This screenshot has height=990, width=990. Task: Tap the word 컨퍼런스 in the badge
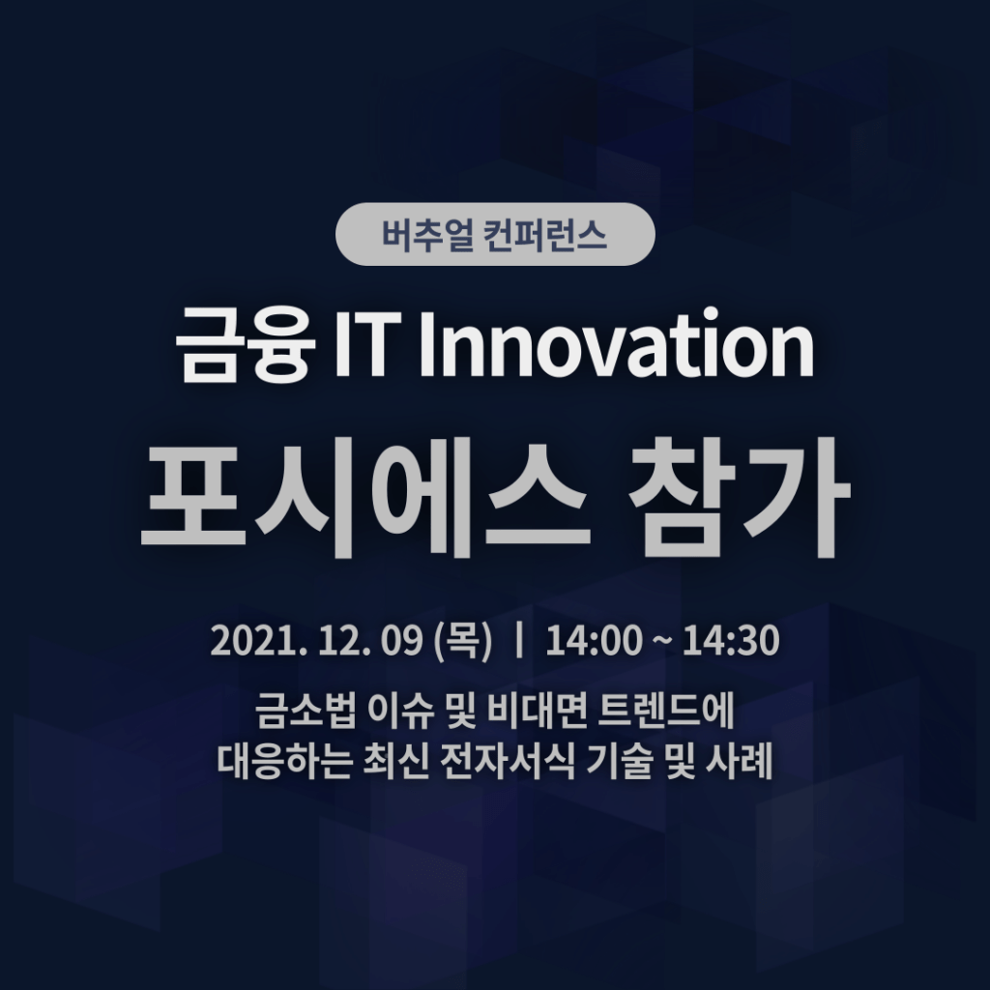click(544, 234)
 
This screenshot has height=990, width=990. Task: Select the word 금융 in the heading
click(246, 345)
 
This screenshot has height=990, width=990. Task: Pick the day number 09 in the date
click(401, 641)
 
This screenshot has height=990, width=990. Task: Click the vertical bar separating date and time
click(519, 640)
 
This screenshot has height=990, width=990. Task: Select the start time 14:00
click(595, 641)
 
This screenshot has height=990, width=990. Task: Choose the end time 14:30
click(731, 641)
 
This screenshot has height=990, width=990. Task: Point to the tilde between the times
click(662, 642)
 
